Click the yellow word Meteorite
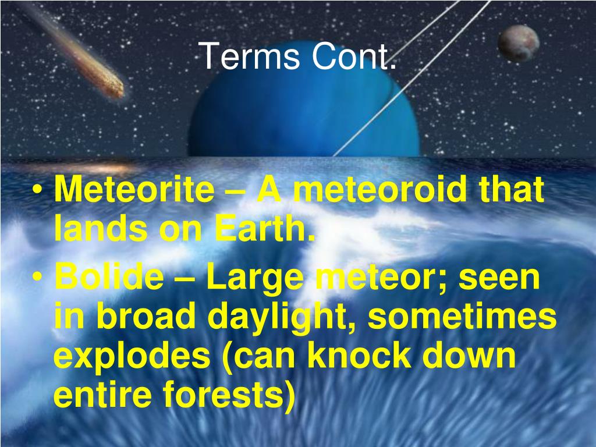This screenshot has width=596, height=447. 134,190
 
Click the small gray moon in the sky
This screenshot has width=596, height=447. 519,43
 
